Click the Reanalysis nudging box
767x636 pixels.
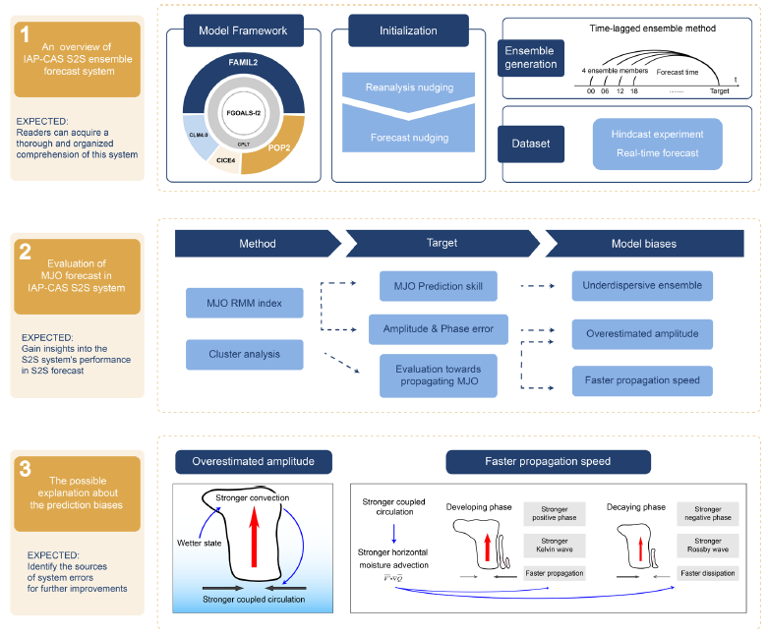[409, 88]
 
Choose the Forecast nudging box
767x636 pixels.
[409, 138]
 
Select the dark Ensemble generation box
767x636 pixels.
[531, 57]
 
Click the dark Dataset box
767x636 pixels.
[531, 143]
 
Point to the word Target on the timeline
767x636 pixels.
[720, 90]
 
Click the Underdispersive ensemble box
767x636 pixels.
[642, 286]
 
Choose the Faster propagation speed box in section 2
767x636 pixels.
[642, 380]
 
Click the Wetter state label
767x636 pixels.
[198, 542]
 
